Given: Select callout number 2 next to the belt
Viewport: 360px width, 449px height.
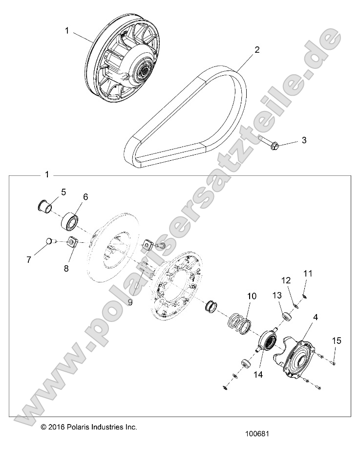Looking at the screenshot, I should (256, 50).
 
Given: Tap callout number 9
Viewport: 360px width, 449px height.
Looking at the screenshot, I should (130, 302).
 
